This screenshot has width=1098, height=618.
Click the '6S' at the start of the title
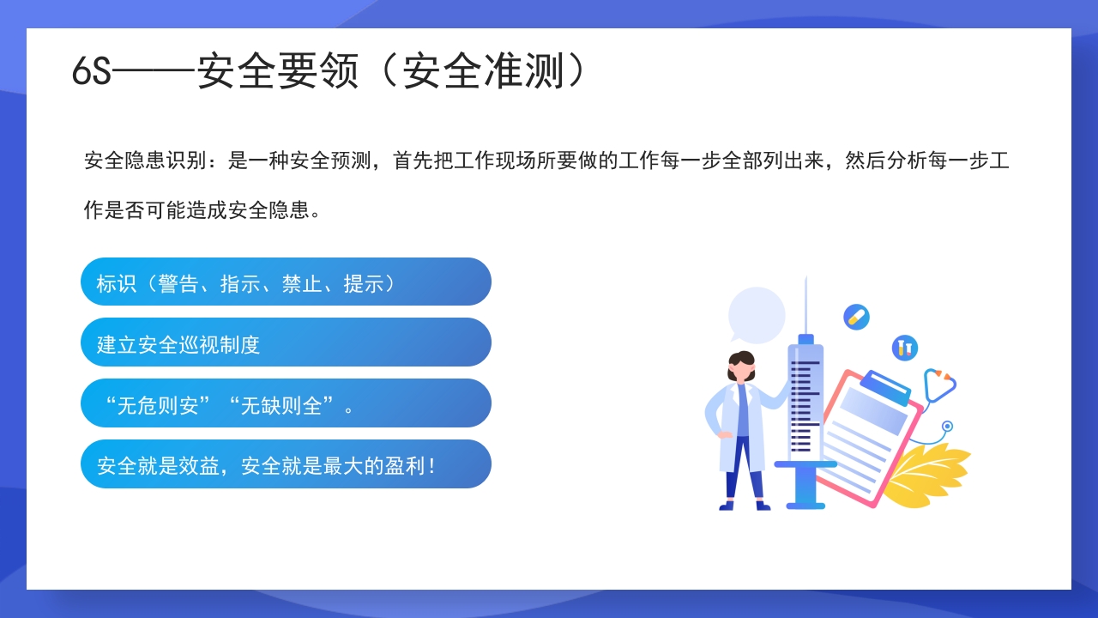[x=92, y=72]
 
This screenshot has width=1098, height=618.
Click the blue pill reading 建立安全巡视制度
[x=286, y=342]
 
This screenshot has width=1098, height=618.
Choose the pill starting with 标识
[x=286, y=282]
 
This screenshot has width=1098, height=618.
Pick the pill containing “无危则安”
[x=286, y=403]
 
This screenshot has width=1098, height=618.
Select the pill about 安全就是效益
[x=286, y=464]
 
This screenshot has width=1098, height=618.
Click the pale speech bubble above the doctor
[x=757, y=314]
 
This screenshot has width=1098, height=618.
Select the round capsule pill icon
[x=856, y=317]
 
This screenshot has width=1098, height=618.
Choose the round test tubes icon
[x=904, y=348]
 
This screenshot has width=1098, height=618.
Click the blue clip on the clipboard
[x=885, y=387]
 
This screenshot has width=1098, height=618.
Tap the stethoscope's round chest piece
[x=947, y=426]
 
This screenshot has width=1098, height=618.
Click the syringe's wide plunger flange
[x=805, y=464]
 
